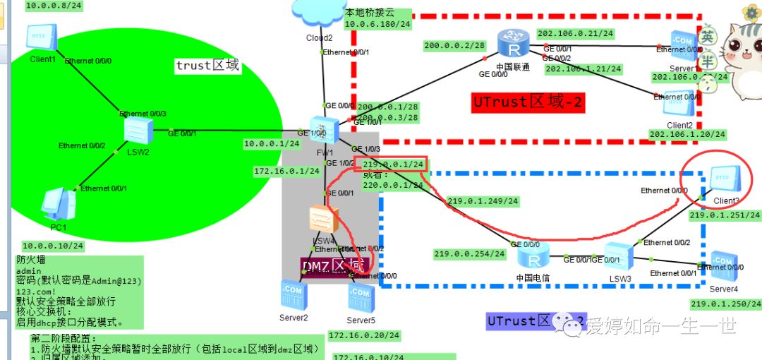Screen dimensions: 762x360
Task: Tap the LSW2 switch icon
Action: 134,131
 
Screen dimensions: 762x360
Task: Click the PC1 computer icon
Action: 57,205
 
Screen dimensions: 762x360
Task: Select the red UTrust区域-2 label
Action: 528,102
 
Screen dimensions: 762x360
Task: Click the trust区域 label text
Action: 207,66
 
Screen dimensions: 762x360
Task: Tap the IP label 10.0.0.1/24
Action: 272,144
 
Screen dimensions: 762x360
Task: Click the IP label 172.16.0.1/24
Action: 286,172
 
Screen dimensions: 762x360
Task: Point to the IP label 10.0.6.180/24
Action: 377,24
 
